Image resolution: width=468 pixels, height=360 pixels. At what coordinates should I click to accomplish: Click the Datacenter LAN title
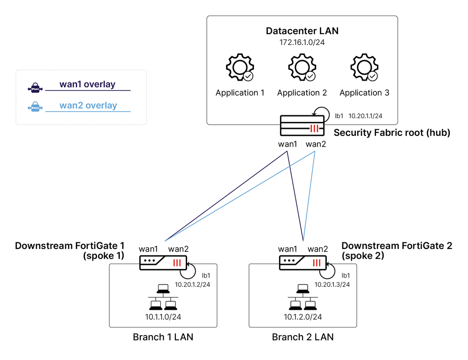[x=302, y=31]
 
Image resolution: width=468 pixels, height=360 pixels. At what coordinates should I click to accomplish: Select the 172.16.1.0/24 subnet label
[x=302, y=43]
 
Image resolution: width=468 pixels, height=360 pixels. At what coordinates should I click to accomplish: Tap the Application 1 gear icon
[x=240, y=68]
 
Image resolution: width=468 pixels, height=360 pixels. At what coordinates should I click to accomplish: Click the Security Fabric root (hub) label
[x=392, y=133]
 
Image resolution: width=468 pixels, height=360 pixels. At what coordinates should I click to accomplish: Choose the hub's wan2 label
[x=316, y=144]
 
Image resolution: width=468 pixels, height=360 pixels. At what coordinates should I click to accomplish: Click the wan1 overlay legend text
[x=87, y=85]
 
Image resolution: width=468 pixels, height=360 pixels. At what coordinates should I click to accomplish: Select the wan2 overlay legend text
[x=88, y=105]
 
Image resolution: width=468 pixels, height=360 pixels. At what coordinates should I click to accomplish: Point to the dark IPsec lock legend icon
[x=35, y=88]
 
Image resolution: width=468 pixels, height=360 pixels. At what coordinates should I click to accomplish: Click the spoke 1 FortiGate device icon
[x=163, y=262]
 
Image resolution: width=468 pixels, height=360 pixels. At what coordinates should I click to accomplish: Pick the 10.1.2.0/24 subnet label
[x=302, y=317]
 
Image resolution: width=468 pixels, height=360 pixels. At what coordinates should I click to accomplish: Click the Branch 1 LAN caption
[x=163, y=337]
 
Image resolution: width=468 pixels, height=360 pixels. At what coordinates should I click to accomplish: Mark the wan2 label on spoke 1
[x=178, y=249]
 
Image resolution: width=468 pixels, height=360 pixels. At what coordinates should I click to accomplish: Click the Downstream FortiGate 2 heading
[x=397, y=246]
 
